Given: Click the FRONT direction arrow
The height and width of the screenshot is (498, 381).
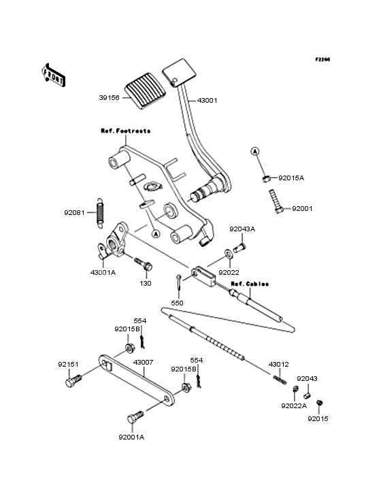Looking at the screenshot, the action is tap(53, 76).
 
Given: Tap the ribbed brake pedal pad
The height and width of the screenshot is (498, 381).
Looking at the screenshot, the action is tap(145, 90).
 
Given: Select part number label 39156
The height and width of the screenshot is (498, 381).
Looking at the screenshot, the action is tap(110, 97).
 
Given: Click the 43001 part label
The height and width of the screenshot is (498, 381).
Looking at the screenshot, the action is tap(208, 101).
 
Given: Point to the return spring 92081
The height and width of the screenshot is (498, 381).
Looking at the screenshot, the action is tap(100, 213).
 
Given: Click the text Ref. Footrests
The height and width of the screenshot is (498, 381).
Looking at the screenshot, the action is tap(126, 131).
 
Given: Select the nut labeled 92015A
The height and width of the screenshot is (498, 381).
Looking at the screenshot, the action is tap(267, 179).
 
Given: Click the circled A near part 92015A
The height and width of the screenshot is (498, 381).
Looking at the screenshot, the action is tap(254, 152).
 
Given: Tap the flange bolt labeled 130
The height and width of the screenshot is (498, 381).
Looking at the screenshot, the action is tap(143, 264).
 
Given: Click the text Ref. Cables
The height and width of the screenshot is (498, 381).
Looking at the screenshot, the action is tap(250, 284).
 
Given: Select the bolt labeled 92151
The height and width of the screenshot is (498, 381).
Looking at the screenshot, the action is tap(73, 380).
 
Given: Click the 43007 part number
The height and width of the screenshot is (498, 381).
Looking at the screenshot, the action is tap(143, 363).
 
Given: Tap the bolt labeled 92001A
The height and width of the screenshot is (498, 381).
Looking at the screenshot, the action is tap(135, 417).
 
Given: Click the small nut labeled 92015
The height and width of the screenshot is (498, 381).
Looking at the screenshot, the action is tap(319, 403).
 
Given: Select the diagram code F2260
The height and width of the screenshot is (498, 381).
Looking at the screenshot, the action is tap(322, 59).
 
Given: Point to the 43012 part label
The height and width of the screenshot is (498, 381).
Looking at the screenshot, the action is tap(279, 364).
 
